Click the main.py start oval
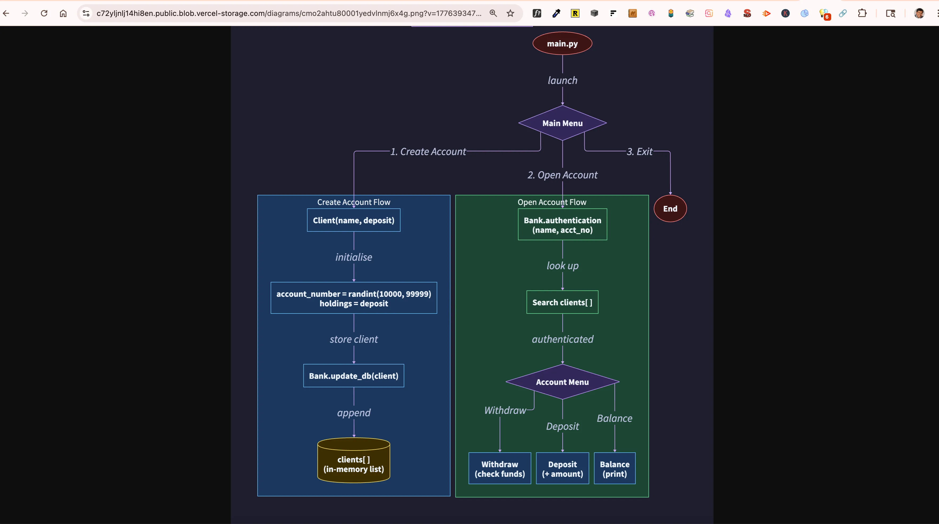[x=562, y=43]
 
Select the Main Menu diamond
[x=562, y=123]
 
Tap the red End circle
[x=670, y=209]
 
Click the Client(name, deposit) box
[x=353, y=220]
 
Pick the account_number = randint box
[x=353, y=298]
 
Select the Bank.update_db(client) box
[x=353, y=376]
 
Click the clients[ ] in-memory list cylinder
[x=353, y=463]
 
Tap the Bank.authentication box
[x=562, y=225]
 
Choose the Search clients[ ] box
[x=562, y=302]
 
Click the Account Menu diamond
[x=562, y=382]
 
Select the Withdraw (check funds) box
[x=500, y=469]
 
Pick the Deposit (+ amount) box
[x=562, y=469]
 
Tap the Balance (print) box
[x=614, y=469]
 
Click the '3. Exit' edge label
[x=639, y=152]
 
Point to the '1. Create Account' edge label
[x=428, y=152]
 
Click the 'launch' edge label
[x=562, y=80]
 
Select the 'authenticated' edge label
[x=562, y=339]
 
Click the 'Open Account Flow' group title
[x=552, y=202]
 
